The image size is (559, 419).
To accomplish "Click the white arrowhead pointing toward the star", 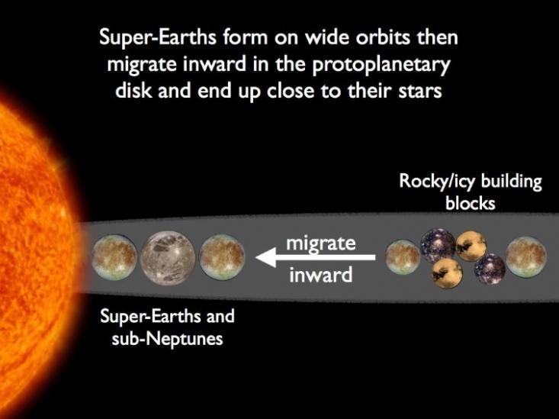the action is click(265, 257).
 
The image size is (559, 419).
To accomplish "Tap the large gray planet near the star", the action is click(168, 258).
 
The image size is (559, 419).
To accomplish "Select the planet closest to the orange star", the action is click(114, 257).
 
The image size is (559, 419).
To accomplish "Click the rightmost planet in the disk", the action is click(526, 257).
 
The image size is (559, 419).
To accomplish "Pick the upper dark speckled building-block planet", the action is click(439, 247).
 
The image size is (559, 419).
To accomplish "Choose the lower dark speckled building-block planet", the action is click(490, 269).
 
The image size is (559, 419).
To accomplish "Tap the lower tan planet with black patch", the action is click(447, 273).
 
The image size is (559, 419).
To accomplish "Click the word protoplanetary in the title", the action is click(381, 65).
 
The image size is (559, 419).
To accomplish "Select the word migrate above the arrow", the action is click(321, 244).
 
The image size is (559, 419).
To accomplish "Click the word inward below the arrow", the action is click(321, 275).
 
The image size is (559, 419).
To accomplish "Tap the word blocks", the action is click(471, 204).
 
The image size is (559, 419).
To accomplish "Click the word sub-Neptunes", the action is click(167, 338).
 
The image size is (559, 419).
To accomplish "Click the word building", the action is click(511, 182).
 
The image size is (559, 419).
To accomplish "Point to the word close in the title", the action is click(291, 91).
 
